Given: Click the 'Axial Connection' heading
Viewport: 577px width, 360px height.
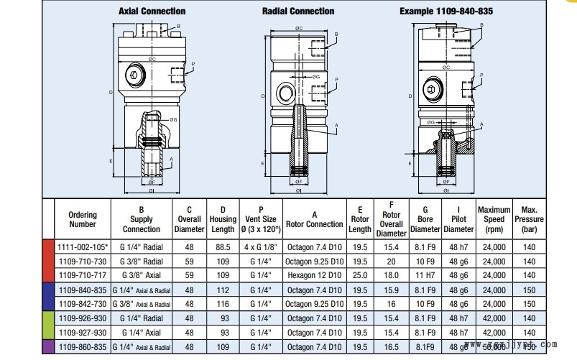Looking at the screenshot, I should click(x=152, y=11).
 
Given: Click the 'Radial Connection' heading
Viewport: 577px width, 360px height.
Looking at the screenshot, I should click(x=298, y=11).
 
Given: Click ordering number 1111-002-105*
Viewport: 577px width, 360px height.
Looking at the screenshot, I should click(x=83, y=246).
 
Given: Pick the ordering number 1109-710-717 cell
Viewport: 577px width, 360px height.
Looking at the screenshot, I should click(x=82, y=274).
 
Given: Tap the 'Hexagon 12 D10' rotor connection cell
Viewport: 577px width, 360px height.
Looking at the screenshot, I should click(x=314, y=274).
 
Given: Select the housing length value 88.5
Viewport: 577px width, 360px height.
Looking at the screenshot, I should click(x=223, y=246).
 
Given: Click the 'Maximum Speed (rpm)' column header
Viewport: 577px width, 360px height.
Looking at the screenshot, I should click(x=494, y=219).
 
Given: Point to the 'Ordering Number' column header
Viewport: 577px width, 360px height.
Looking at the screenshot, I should click(x=83, y=219).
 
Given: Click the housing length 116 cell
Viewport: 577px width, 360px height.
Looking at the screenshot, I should click(x=223, y=303).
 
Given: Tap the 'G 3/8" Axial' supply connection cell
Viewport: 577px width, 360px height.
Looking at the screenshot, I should click(x=142, y=274).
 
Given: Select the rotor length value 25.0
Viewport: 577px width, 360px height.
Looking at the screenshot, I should click(x=360, y=274).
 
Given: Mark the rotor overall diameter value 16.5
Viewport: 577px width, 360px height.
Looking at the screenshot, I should click(x=391, y=346).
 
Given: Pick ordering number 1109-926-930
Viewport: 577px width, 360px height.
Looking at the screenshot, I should click(x=82, y=318).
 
